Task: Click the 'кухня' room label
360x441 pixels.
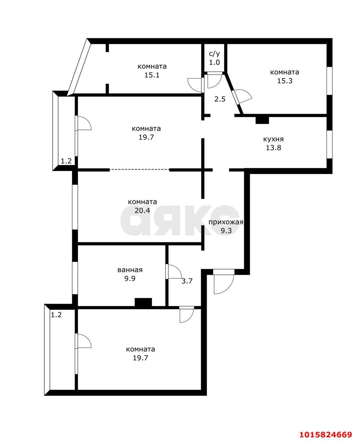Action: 273,139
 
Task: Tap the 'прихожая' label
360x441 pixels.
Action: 226,222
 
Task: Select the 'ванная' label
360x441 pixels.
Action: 130,270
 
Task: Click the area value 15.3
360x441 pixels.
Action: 284,81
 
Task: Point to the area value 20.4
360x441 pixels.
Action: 142,211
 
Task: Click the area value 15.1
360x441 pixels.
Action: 152,75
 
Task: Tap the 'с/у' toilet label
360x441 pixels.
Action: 214,54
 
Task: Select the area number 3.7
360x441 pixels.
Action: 187,281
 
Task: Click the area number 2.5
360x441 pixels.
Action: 220,99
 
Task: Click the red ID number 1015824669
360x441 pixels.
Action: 325,434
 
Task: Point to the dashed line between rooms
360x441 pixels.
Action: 139,170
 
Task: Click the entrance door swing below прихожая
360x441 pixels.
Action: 223,283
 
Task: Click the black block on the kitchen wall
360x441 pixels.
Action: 262,120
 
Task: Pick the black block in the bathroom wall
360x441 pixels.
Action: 143,302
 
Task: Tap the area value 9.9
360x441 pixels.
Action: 130,279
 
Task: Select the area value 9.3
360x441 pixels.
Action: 226,231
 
